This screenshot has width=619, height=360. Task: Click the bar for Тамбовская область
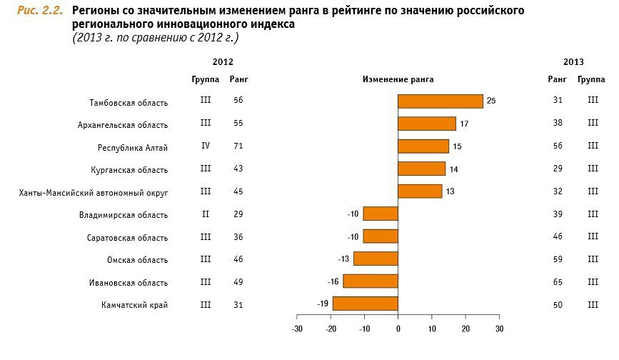[x=440, y=101]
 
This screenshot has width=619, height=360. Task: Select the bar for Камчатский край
[x=365, y=304]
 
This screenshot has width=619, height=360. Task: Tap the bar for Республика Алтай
[x=423, y=146]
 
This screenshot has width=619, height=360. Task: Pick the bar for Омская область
[x=376, y=259]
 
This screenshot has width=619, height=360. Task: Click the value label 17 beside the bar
[x=464, y=124]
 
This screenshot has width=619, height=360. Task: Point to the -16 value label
[x=333, y=281]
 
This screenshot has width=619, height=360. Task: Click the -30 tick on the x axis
[x=298, y=329]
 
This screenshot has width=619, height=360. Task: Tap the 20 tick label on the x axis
[x=465, y=329]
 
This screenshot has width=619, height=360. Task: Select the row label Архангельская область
[x=123, y=125]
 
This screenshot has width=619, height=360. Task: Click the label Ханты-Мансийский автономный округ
[x=94, y=193]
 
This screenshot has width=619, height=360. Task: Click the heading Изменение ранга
[x=398, y=79]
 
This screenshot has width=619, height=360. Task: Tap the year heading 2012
[x=223, y=62]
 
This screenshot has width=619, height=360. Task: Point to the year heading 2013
[x=573, y=62]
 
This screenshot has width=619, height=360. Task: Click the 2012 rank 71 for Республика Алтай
[x=238, y=146]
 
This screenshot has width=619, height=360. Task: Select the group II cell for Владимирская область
[x=206, y=214]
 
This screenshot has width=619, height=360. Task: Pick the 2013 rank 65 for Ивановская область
[x=558, y=282]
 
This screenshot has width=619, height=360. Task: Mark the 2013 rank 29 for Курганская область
[x=558, y=169]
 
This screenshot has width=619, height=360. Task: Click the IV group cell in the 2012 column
[x=206, y=146]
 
